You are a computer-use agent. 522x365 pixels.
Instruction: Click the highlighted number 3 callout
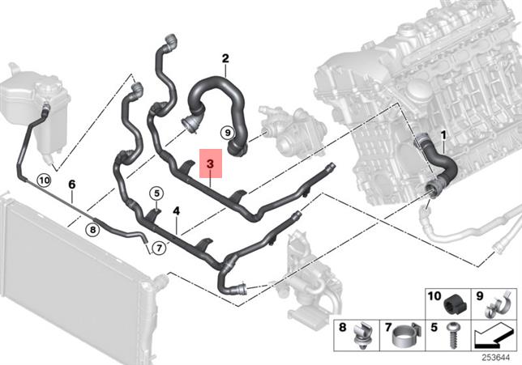pyautogui.click(x=211, y=164)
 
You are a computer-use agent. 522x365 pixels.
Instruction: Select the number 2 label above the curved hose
pyautogui.click(x=225, y=57)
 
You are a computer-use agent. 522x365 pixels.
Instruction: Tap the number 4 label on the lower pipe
pyautogui.click(x=176, y=210)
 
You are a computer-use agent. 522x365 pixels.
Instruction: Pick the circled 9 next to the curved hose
pyautogui.click(x=227, y=131)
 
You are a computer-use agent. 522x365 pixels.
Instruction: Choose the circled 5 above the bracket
pyautogui.click(x=156, y=193)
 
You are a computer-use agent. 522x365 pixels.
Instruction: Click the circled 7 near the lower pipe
pyautogui.click(x=160, y=247)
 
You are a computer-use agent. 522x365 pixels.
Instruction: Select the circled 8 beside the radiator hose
pyautogui.click(x=93, y=229)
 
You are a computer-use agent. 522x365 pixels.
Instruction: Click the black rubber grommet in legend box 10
pyautogui.click(x=454, y=306)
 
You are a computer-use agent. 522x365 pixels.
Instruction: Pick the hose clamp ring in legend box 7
pyautogui.click(x=404, y=336)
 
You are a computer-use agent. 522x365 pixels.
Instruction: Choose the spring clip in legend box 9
pyautogui.click(x=492, y=306)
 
